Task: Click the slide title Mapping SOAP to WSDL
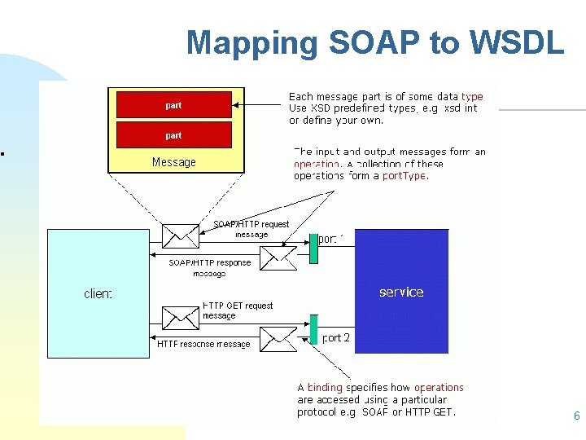374,42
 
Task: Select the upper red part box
173,105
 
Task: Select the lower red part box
173,135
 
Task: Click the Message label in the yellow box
174,162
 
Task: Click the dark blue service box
401,291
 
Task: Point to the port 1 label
331,239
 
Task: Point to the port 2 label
336,337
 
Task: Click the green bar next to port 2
313,329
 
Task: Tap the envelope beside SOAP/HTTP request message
180,235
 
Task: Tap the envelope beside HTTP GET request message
180,318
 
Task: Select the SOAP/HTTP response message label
210,268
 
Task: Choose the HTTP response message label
203,344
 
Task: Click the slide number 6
576,416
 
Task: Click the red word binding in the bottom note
325,388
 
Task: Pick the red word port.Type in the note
404,175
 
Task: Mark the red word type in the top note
471,96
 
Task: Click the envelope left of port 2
278,336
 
